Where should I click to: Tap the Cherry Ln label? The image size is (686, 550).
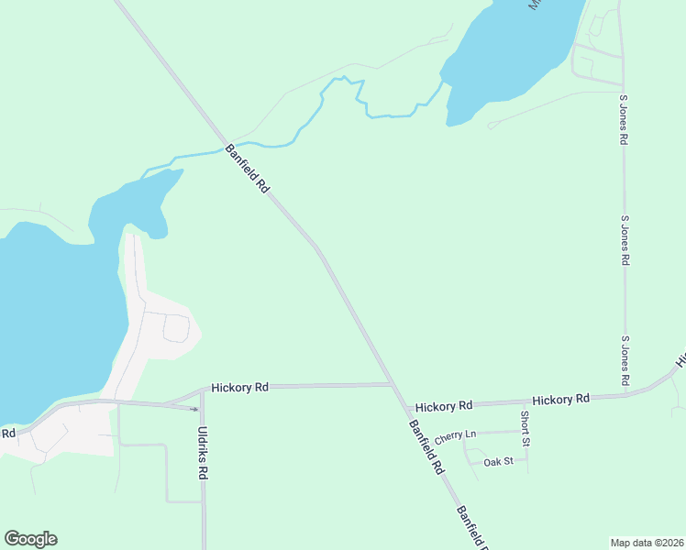(456, 435)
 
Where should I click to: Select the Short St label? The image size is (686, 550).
(525, 428)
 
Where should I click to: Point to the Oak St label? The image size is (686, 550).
(499, 462)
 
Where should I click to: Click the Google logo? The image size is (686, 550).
(30, 539)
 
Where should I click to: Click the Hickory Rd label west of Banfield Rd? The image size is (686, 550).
(239, 388)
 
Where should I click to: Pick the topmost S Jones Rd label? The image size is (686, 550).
(624, 119)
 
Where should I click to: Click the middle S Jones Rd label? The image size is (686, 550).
(625, 240)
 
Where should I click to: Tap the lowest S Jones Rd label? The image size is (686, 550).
(625, 359)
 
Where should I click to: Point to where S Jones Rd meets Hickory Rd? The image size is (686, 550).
(625, 396)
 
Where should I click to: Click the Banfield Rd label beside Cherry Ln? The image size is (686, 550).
(426, 446)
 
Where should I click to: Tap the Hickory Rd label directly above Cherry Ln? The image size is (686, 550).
(443, 405)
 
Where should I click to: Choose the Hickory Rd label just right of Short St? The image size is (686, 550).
(560, 400)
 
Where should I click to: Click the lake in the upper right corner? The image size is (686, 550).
(514, 55)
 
